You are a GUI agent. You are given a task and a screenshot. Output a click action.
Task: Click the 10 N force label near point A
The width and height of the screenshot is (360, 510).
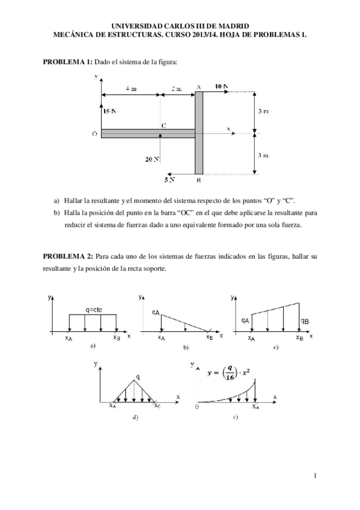[221, 87]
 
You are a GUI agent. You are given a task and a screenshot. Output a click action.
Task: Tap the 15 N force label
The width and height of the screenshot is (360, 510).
[109, 111]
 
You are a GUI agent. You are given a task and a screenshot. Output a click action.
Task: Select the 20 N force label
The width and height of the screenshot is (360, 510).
[152, 159]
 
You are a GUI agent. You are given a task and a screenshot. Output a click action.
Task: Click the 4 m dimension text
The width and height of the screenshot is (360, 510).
[130, 88]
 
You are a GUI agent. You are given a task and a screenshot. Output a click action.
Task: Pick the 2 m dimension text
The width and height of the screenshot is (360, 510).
[177, 88]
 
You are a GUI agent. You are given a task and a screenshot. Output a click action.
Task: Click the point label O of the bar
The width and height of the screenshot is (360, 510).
[94, 134]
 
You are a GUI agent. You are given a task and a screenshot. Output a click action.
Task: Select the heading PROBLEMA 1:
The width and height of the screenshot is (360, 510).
[67, 62]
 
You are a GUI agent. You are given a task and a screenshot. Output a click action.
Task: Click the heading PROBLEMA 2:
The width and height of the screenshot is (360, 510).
[67, 257]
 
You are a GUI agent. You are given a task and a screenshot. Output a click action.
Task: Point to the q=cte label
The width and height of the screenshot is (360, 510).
[93, 310]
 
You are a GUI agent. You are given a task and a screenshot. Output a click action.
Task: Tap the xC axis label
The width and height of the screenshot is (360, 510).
[156, 406]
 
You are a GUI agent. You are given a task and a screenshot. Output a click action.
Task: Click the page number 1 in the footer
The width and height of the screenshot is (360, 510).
[316, 476]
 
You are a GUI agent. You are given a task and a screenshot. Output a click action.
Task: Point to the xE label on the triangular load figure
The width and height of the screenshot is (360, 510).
[209, 337]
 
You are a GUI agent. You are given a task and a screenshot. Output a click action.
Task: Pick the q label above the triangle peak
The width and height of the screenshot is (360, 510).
[138, 376]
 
